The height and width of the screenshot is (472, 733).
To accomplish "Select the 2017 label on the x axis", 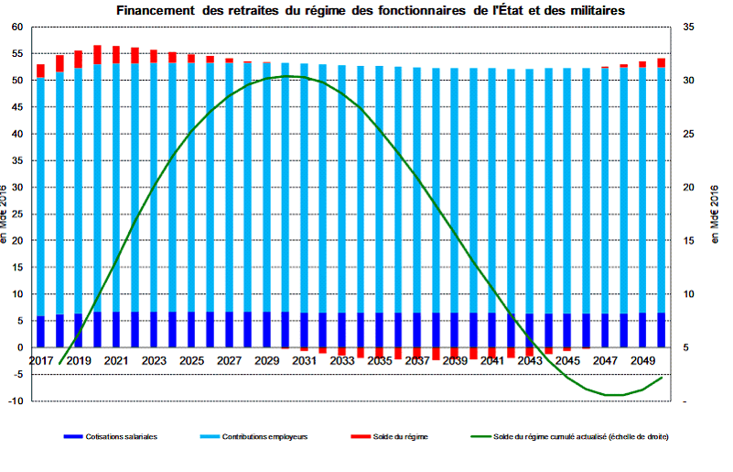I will pos(41,361).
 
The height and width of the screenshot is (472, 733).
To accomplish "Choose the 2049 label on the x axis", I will pos(641,361).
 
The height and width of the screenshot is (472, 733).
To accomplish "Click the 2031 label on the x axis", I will pos(304,361).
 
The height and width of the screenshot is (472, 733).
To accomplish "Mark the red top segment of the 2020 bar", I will pos(97,54).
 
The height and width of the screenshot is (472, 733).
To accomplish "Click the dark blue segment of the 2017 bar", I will pos(40,332).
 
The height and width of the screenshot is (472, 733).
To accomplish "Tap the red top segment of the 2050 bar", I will pos(661,62).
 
